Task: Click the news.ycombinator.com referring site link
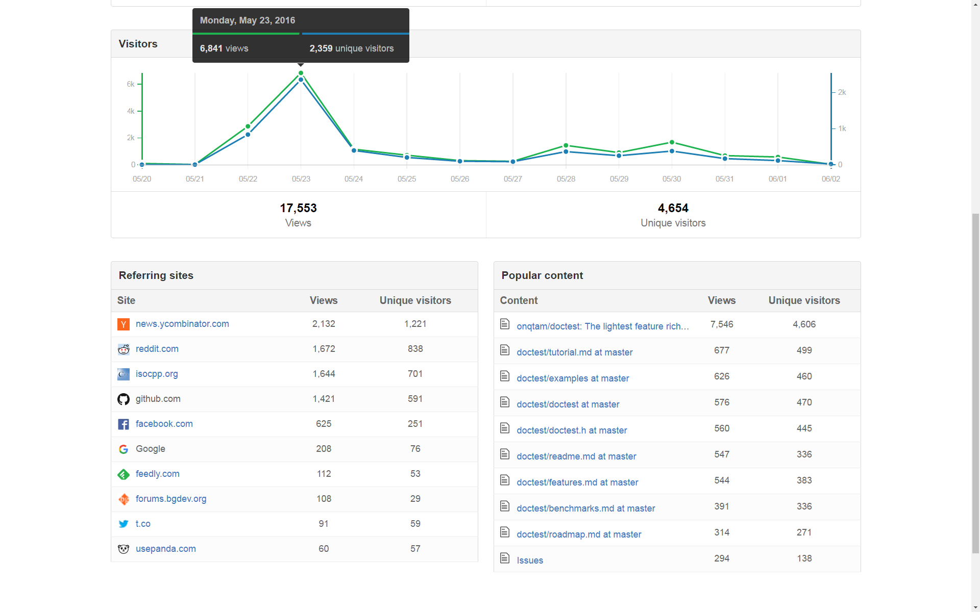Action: click(x=182, y=324)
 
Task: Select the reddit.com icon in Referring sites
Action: click(x=124, y=349)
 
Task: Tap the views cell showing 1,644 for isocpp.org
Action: click(x=324, y=374)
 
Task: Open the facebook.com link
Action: click(x=164, y=424)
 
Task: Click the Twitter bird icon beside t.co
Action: click(x=124, y=524)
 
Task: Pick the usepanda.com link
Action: click(x=165, y=549)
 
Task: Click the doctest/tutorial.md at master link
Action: click(x=574, y=352)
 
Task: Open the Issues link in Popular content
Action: click(x=530, y=560)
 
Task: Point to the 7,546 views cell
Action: click(x=722, y=324)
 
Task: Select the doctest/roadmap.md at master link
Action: click(x=579, y=534)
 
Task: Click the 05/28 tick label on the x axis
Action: click(x=566, y=179)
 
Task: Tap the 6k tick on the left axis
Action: click(x=131, y=84)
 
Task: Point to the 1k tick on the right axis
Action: click(x=842, y=129)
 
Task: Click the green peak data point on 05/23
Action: click(x=301, y=73)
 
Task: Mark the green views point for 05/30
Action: click(x=672, y=142)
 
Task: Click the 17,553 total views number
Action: click(x=298, y=208)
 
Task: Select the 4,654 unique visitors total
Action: click(x=673, y=208)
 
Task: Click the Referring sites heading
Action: click(x=156, y=275)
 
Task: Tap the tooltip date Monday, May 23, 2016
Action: click(x=248, y=20)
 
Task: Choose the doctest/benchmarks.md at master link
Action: click(x=585, y=508)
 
